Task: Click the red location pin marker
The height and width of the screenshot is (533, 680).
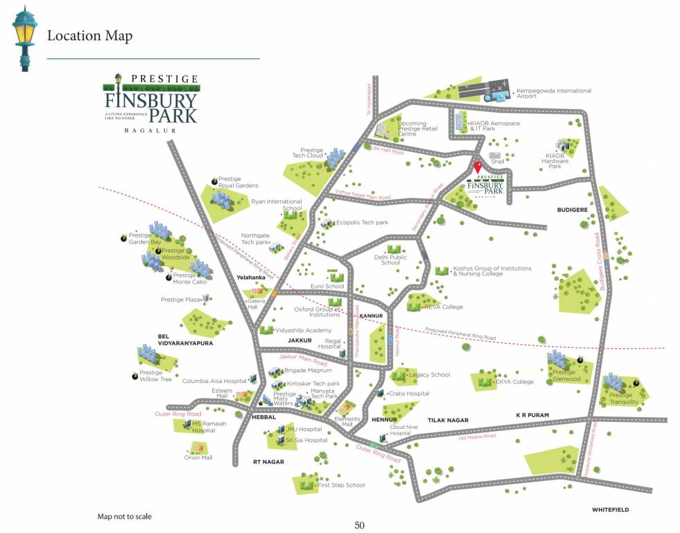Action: pos(477,167)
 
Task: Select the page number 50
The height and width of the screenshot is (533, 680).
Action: pos(359,525)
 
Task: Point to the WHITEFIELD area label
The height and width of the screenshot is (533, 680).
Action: pos(610,510)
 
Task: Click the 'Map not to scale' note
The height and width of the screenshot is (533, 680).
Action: pos(124,516)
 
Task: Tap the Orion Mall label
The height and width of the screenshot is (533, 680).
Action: pos(198,457)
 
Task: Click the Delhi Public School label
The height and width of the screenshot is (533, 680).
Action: pos(390,260)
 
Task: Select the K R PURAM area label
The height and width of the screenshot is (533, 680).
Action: pos(532,415)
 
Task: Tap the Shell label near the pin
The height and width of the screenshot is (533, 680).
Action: pos(497,162)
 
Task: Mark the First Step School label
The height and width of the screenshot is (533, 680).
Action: pos(340,485)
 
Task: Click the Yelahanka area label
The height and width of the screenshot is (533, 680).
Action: pos(251,278)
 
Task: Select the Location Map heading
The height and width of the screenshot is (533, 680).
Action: pos(89,36)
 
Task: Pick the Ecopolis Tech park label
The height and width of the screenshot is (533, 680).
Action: pos(362,223)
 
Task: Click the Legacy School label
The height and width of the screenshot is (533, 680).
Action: pos(429,375)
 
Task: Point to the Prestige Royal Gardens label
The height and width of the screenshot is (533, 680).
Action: pos(238,183)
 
